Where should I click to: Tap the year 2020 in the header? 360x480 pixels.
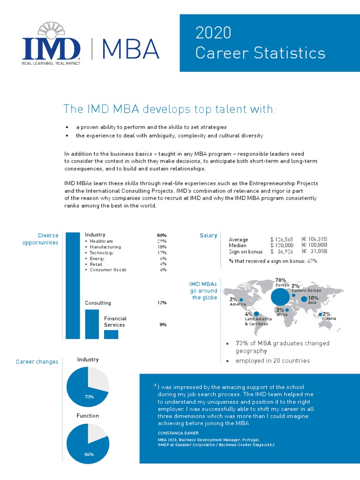pos(213,33)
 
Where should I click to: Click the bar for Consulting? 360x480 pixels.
pos(92,324)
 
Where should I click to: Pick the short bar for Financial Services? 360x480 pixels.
pos(111,334)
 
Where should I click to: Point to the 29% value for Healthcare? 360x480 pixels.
pos(162,241)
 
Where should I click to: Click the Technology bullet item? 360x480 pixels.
pos(102,253)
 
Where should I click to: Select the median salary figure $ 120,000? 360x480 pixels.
pos(282,245)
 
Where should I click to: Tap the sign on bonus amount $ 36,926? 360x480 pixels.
pos(282,251)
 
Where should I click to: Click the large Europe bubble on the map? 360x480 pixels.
pos(280,296)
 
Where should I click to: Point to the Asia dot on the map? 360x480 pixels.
pos(304,299)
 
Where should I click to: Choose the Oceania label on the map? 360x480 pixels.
pos(329,319)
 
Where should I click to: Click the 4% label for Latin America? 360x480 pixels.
pos(249,314)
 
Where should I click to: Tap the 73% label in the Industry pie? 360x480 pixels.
pos(89,397)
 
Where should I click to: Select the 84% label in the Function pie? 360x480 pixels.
pos(89,454)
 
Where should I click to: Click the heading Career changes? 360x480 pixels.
pos(37,362)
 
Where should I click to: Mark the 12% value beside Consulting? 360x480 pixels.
pos(162,303)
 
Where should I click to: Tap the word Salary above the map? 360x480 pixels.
pos(208,235)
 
